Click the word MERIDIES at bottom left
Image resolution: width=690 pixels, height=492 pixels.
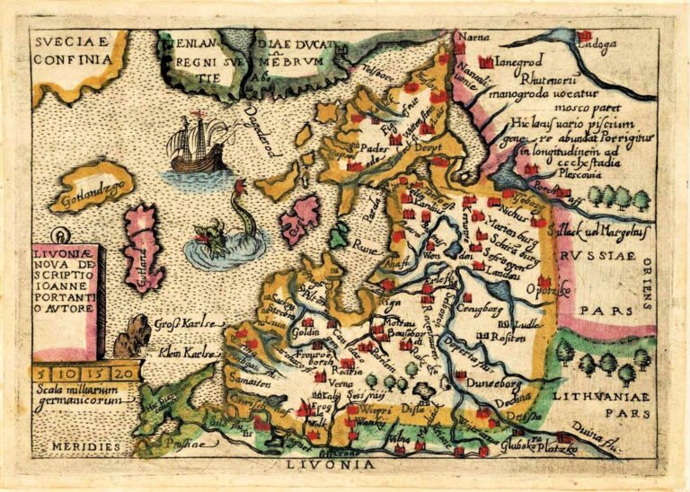pos(75,446)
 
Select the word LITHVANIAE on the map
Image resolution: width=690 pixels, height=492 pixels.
pos(601,396)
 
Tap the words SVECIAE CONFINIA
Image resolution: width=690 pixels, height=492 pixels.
pos(75,50)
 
